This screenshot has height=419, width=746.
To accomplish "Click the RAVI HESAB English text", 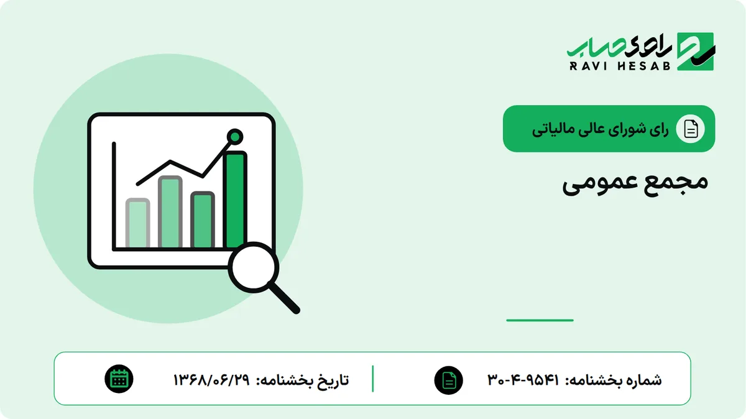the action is pos(620,66).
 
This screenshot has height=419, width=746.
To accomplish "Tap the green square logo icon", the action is pos(696,52).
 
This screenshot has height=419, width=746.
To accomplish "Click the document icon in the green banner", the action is pos(691,129).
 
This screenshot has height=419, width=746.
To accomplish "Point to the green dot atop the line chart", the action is pos(235,137).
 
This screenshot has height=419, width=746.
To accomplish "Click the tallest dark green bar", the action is pos(236,200).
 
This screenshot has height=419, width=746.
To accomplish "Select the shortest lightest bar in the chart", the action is pos(137,223).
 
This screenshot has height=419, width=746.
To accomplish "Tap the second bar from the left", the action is pos(170,212).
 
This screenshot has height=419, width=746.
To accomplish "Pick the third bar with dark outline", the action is pos(203,220).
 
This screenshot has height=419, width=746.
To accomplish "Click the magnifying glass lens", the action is pos(254,267).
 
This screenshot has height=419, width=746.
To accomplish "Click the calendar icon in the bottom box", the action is pos(119,379).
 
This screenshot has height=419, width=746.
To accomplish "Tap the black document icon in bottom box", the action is pos(449,380).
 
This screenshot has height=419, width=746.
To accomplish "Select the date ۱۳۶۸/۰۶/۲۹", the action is pos(211,380).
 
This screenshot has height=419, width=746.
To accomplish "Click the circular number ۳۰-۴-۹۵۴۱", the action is pos(523,380).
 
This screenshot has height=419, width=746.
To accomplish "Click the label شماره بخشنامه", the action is pos(614,380).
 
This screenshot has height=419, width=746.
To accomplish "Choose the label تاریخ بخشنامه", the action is pos(302,380).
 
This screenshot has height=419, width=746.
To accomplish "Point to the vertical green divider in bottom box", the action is pos(372,379).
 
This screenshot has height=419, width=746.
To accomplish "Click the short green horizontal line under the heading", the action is pos(540,320).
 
